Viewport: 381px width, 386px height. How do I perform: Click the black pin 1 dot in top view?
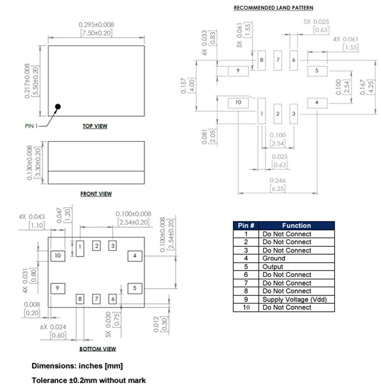tap(58, 107)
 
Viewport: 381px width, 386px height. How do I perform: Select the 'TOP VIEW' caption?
tap(95, 126)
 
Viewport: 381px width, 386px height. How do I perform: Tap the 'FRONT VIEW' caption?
tap(96, 194)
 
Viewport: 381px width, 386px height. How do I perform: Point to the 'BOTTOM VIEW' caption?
tap(97, 349)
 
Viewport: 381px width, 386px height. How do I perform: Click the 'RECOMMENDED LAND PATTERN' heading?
tap(273, 8)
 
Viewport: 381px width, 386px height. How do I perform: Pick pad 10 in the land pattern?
tap(238, 103)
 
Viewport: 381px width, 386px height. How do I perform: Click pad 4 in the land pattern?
tap(317, 103)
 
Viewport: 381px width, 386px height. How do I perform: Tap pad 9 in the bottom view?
tap(57, 288)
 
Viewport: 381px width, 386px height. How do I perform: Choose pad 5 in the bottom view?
tap(134, 288)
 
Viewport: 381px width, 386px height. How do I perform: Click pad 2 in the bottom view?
tap(97, 245)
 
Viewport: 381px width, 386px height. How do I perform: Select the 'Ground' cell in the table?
tap(274, 258)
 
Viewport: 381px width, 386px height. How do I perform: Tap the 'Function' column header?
tap(296, 226)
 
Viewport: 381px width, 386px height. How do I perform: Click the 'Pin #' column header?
tap(246, 226)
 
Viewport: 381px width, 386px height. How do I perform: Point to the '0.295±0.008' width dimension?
tap(96, 25)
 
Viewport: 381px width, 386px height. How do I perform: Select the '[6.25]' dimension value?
tap(277, 189)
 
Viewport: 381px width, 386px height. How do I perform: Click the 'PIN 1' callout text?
tap(32, 126)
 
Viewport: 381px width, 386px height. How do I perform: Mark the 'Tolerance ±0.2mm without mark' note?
tap(89, 380)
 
